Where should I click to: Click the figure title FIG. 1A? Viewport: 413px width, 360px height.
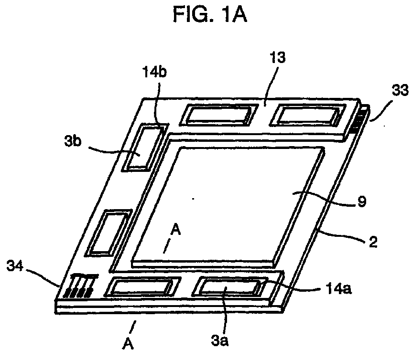(x=210, y=14)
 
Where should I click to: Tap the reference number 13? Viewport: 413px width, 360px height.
(x=277, y=57)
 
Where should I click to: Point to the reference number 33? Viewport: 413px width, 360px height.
(x=400, y=91)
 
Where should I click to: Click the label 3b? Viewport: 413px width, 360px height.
(x=73, y=142)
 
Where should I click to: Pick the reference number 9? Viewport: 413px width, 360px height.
(x=362, y=201)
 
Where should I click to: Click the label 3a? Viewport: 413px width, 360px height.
(x=220, y=341)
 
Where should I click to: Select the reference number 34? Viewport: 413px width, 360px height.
(x=15, y=266)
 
